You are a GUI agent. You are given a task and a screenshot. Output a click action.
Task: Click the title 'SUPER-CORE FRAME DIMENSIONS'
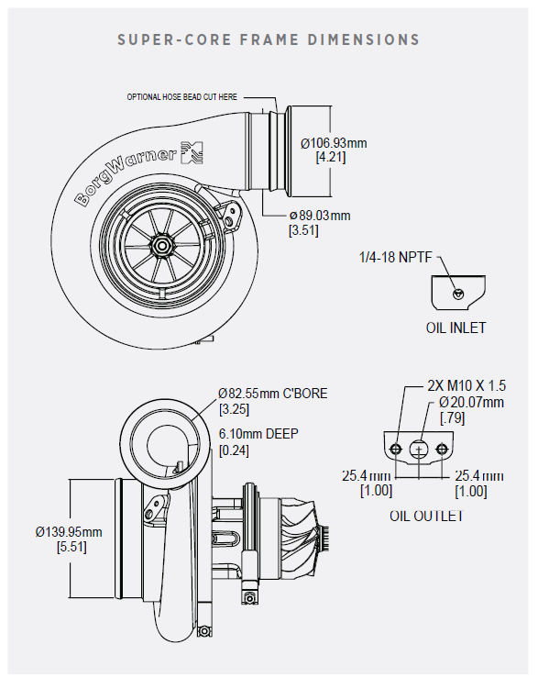pyautogui.click(x=269, y=40)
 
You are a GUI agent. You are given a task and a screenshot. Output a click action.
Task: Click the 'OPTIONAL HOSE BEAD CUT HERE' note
pyautogui.click(x=181, y=96)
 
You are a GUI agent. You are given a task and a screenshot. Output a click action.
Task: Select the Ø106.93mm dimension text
pyautogui.click(x=334, y=143)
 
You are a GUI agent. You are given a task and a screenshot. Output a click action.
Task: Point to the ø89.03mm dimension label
pyautogui.click(x=320, y=216)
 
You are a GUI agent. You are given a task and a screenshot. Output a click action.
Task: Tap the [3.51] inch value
pyautogui.click(x=303, y=230)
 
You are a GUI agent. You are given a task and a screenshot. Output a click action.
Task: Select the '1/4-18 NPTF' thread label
pyautogui.click(x=395, y=257)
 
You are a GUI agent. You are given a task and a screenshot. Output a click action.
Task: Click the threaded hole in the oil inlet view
pyautogui.click(x=458, y=294)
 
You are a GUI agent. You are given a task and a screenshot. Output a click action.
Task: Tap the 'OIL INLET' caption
pyautogui.click(x=456, y=328)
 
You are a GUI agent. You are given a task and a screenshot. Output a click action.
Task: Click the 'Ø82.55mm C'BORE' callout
pyautogui.click(x=273, y=393)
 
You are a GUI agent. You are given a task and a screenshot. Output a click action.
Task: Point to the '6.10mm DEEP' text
pyautogui.click(x=258, y=434)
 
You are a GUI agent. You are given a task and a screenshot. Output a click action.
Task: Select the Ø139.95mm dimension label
pyautogui.click(x=69, y=532)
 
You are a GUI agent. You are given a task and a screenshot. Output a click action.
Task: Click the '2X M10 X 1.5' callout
pyautogui.click(x=467, y=385)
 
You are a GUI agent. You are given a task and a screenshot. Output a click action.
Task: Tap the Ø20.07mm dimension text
pyautogui.click(x=471, y=402)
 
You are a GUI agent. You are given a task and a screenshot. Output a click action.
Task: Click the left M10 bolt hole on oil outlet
pyautogui.click(x=396, y=449)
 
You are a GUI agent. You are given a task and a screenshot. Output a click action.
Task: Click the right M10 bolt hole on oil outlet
pyautogui.click(x=443, y=449)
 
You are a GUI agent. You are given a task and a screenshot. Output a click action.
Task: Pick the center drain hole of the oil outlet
pyautogui.click(x=419, y=450)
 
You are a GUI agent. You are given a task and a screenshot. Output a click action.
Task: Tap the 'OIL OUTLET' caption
pyautogui.click(x=426, y=516)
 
